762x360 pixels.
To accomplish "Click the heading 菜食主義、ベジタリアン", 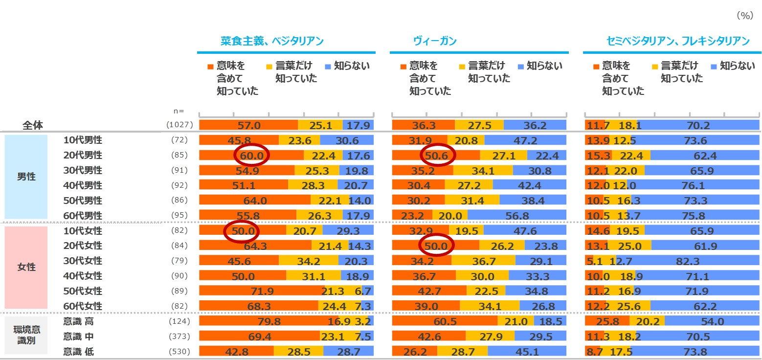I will [272, 41].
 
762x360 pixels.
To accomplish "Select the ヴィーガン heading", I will [435, 41].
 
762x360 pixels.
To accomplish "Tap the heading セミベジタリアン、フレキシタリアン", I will [674, 41].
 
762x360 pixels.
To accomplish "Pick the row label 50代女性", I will [83, 291].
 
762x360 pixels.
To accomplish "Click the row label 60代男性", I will [83, 216].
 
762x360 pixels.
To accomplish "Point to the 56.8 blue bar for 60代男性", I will [516, 216].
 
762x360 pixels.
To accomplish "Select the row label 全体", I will [33, 125].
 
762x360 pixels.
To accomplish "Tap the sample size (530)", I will [179, 352].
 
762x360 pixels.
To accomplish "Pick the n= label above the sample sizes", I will [179, 112].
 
